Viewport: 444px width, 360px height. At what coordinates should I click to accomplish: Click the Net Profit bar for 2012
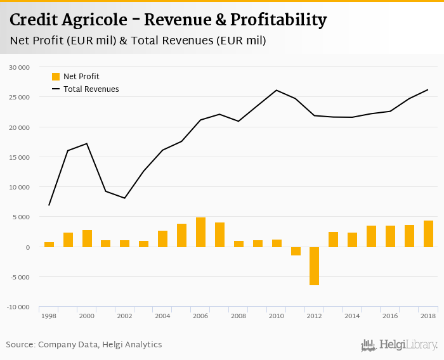pos(315,266)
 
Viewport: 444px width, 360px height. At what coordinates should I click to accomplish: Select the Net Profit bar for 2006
pos(200,232)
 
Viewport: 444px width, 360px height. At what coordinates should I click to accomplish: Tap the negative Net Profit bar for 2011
pos(296,251)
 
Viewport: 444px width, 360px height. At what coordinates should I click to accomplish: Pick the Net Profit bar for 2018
pos(428,234)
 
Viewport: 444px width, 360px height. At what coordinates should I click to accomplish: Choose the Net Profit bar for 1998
pos(49,245)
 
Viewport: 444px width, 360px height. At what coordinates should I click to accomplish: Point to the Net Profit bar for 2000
pos(87,238)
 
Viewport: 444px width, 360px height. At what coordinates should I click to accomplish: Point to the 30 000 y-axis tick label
pos(19,67)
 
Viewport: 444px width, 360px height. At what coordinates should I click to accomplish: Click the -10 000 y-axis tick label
pos(18,307)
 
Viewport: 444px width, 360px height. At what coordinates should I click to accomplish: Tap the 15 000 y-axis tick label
pos(19,157)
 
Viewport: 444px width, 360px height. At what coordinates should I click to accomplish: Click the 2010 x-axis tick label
pos(277,315)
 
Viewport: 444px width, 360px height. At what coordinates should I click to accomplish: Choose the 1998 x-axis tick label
pos(49,315)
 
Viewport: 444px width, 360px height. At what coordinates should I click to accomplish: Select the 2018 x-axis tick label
pos(428,315)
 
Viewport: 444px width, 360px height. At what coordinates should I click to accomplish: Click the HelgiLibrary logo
pos(399,345)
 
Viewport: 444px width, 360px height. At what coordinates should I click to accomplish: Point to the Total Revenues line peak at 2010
pos(277,90)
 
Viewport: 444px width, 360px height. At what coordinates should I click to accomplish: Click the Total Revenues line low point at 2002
pos(125,198)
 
